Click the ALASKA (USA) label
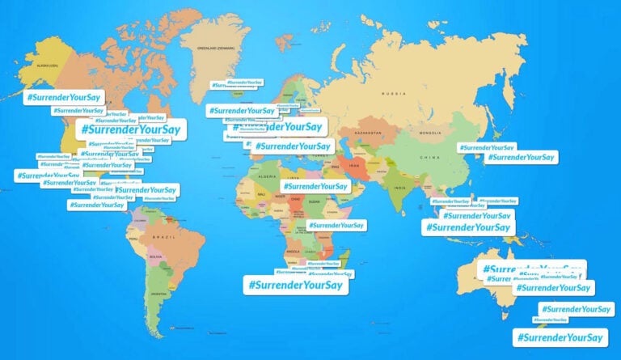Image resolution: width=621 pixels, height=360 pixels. (43, 66)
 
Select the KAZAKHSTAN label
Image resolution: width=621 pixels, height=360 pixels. (366, 131)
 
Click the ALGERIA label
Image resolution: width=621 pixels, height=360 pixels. (267, 175)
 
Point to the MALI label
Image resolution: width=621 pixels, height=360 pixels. (260, 195)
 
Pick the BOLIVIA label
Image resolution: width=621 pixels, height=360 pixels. (155, 257)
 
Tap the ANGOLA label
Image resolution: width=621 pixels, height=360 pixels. (294, 252)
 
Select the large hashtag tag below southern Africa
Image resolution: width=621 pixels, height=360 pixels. (296, 285)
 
